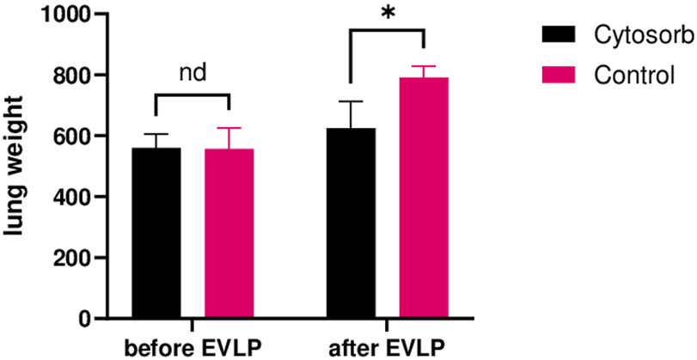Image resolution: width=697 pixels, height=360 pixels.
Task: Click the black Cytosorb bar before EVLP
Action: pyautogui.click(x=156, y=233)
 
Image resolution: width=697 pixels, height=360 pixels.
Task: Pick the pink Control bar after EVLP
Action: pyautogui.click(x=424, y=198)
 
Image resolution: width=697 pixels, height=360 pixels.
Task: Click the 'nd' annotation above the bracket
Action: pyautogui.click(x=192, y=74)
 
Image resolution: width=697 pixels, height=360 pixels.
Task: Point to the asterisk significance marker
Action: pyautogui.click(x=388, y=15)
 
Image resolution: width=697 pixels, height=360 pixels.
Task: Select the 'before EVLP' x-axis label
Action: pyautogui.click(x=192, y=349)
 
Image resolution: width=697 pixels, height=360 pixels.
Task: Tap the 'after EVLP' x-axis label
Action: pyautogui.click(x=388, y=349)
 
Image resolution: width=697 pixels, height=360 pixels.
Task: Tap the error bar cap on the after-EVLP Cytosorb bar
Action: pyautogui.click(x=351, y=101)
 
